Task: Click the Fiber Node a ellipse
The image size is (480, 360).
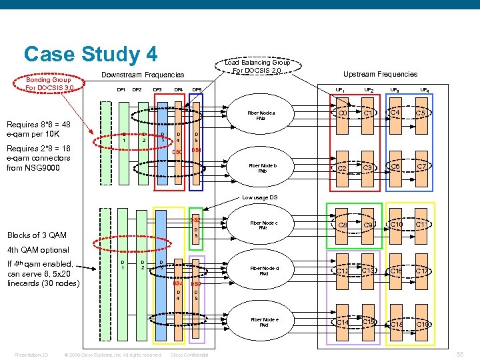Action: click(x=261, y=116)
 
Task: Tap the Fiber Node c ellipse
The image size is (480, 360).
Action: click(x=263, y=225)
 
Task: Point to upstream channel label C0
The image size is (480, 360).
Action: click(x=342, y=114)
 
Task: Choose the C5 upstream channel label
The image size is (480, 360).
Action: click(x=421, y=114)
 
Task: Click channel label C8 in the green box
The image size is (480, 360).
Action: click(x=343, y=225)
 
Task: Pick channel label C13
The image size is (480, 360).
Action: click(x=368, y=271)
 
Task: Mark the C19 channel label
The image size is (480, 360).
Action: click(x=422, y=324)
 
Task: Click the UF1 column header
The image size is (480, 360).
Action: click(x=340, y=89)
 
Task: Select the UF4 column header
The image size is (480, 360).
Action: click(x=424, y=89)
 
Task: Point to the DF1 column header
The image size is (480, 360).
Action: click(x=121, y=89)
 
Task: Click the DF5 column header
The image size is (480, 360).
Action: click(x=197, y=89)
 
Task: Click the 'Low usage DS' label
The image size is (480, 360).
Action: click(x=259, y=197)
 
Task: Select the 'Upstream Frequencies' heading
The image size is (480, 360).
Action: click(x=380, y=74)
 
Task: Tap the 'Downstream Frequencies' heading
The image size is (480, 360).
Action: click(x=142, y=75)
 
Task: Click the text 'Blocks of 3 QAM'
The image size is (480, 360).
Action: click(x=36, y=235)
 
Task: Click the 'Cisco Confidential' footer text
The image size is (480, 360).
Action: click(x=190, y=355)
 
